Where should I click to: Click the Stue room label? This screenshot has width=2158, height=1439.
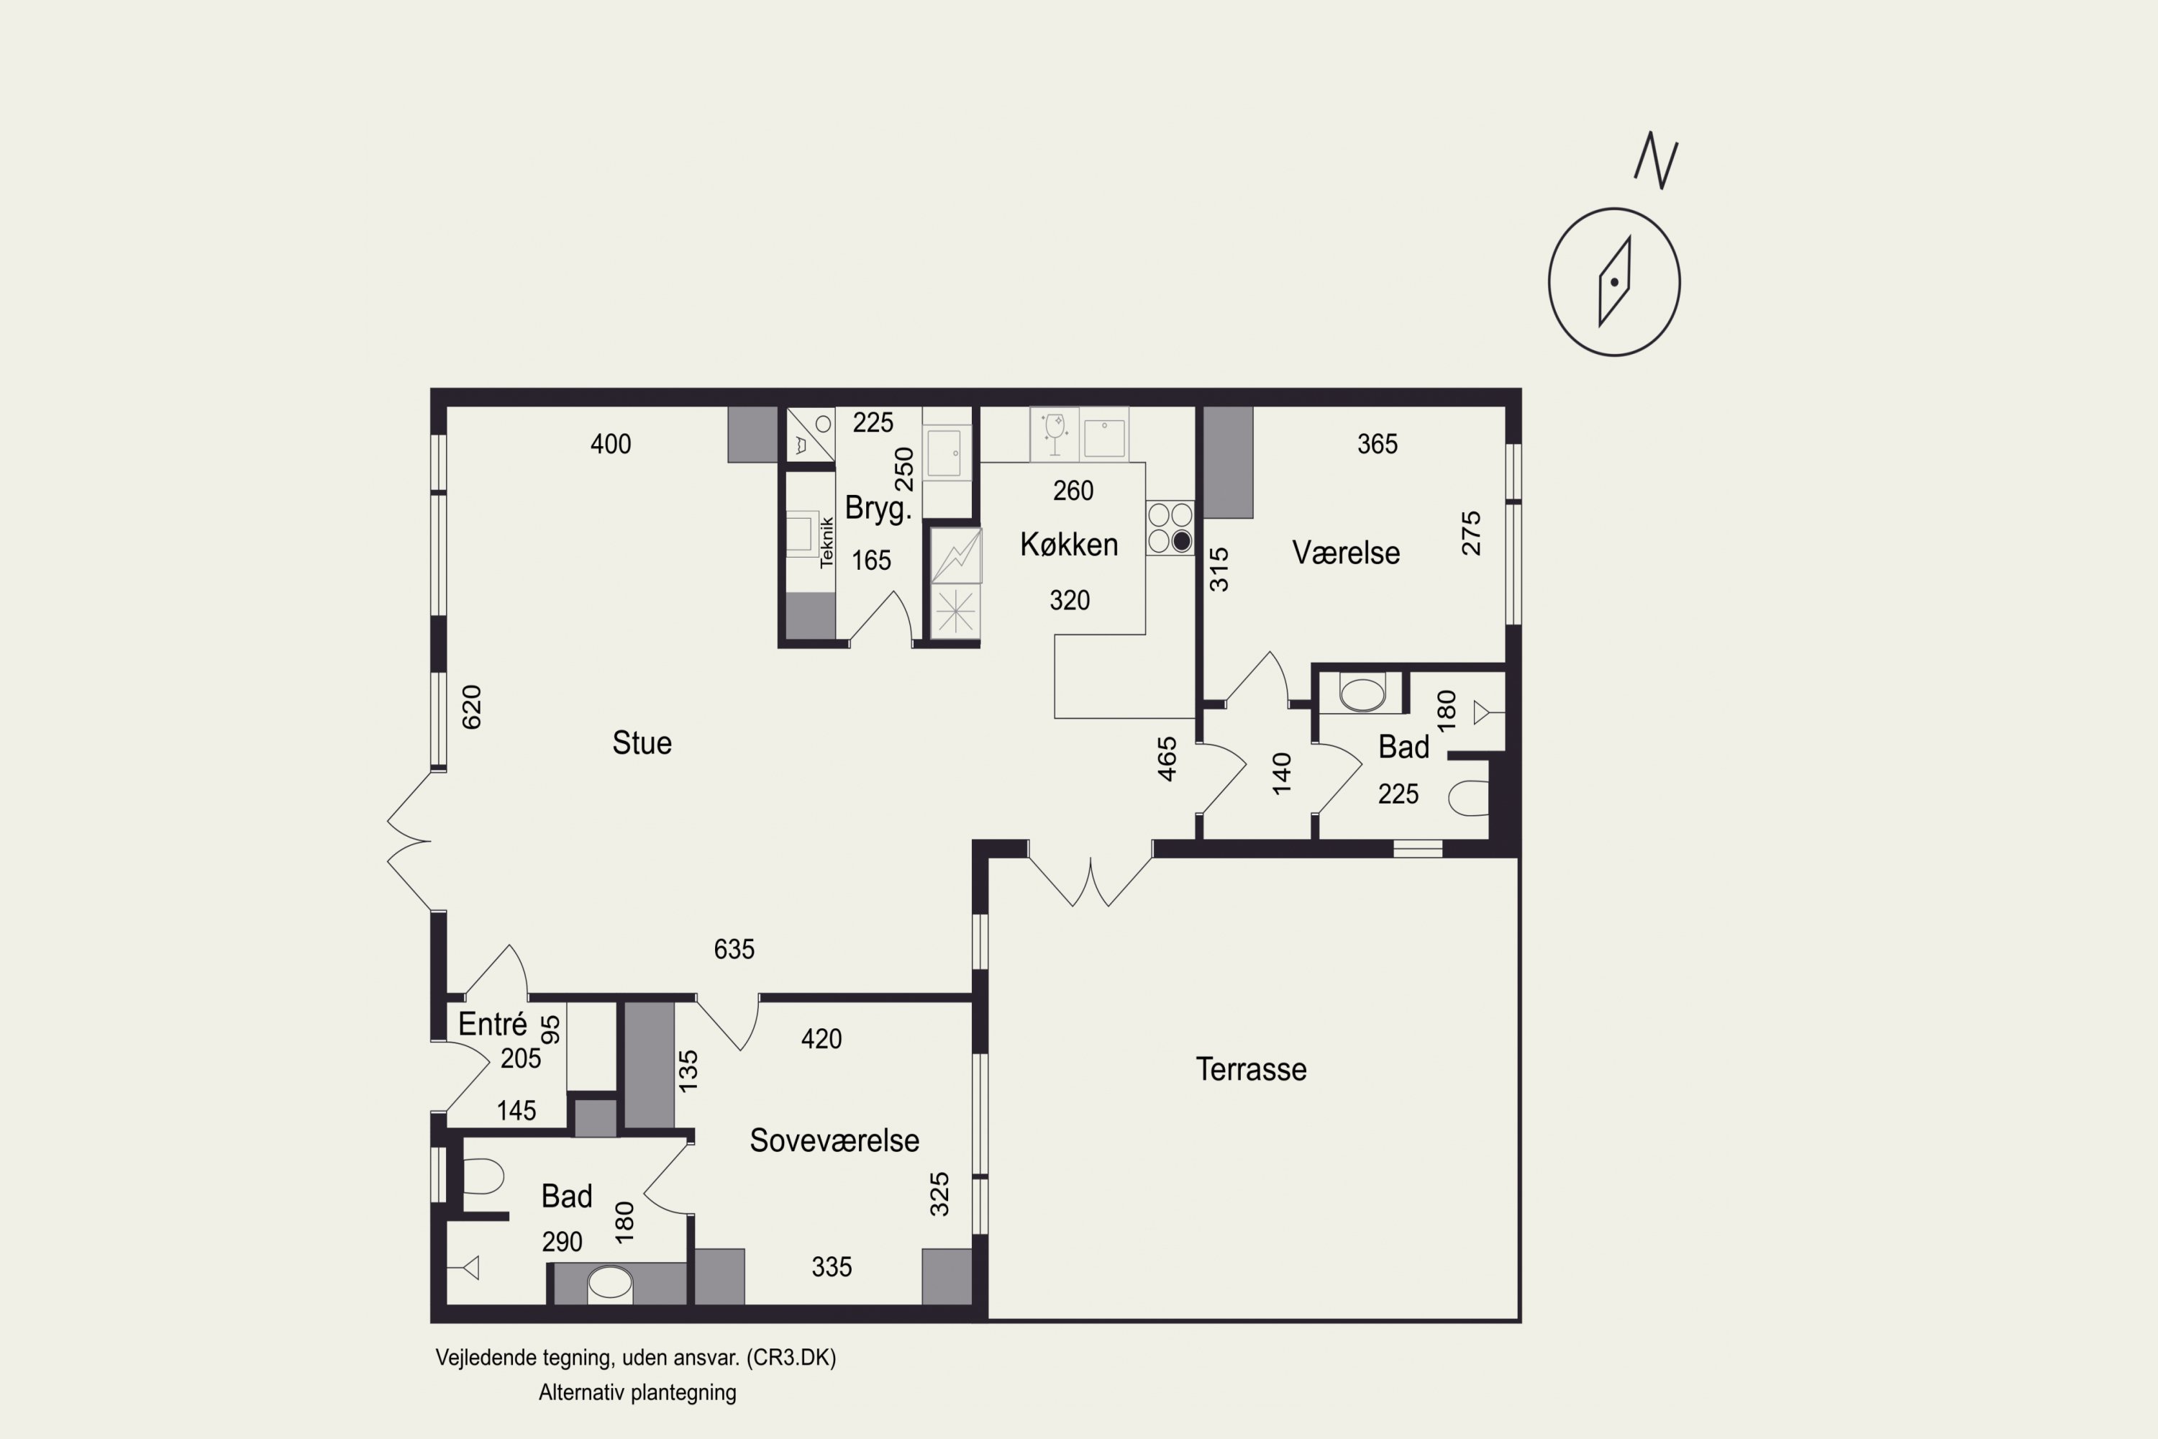[x=642, y=743]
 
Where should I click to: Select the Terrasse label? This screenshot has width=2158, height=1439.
[x=1251, y=1069]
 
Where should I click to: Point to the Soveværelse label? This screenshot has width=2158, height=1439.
[x=834, y=1140]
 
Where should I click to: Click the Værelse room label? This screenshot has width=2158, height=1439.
[x=1346, y=553]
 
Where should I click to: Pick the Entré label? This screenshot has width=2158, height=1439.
[x=493, y=1024]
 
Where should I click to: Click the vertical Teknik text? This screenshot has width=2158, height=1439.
[x=827, y=542]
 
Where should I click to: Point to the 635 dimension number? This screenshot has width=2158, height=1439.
[x=734, y=949]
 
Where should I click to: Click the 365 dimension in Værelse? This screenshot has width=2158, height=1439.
[x=1378, y=444]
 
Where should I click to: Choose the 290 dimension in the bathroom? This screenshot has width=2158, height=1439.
[x=562, y=1242]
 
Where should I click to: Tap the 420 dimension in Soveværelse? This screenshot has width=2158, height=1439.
[x=821, y=1039]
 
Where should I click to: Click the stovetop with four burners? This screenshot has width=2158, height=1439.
[x=1170, y=527]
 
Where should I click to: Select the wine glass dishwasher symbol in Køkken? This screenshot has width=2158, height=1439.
[x=1055, y=433]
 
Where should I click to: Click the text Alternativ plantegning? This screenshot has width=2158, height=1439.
[x=637, y=1392]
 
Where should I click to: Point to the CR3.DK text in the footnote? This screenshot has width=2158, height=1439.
[x=791, y=1357]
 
